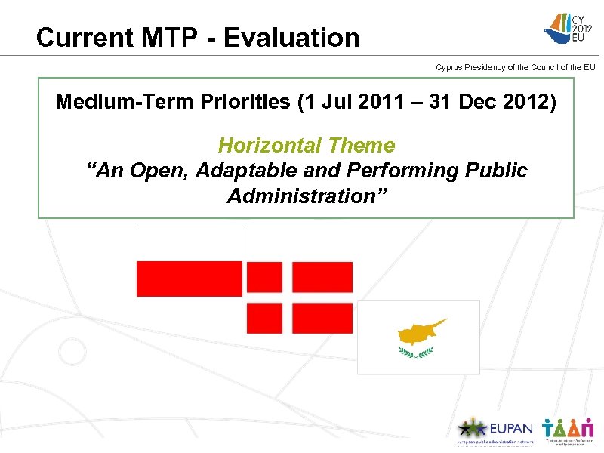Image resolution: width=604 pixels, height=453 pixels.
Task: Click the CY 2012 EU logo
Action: click(x=569, y=29)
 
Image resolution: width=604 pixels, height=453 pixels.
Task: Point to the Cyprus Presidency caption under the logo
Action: click(x=516, y=67)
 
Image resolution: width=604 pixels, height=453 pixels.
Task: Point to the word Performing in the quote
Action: click(x=408, y=171)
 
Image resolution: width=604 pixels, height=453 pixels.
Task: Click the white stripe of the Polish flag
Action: click(x=189, y=244)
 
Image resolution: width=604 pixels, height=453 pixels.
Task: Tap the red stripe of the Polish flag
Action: click(x=189, y=279)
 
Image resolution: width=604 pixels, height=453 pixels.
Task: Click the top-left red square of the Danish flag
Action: click(x=264, y=277)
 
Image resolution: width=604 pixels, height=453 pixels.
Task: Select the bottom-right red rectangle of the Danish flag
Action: click(x=322, y=317)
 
